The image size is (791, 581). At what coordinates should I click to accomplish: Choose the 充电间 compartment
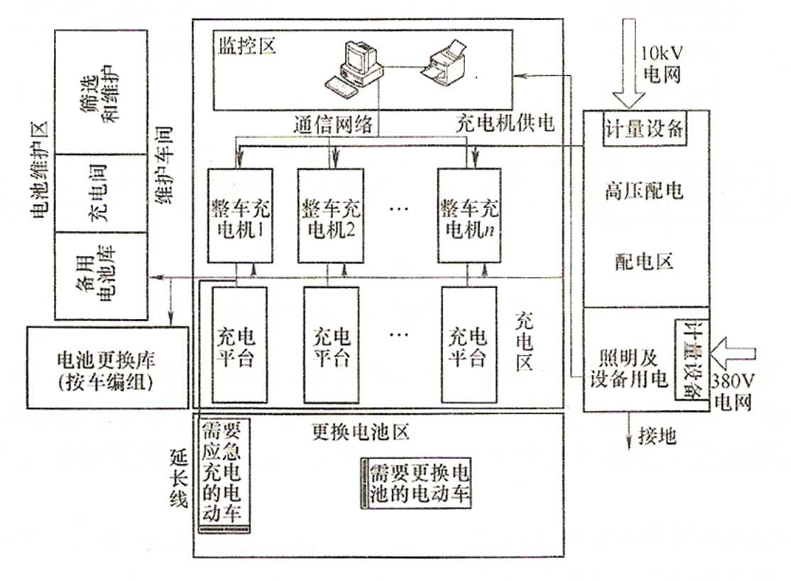click(x=101, y=192)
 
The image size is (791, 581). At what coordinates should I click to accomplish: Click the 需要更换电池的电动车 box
click(x=416, y=484)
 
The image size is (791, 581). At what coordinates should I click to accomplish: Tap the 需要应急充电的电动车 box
click(x=226, y=473)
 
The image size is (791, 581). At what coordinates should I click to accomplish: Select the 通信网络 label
click(x=333, y=125)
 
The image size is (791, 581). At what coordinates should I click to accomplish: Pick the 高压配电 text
click(x=645, y=190)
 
